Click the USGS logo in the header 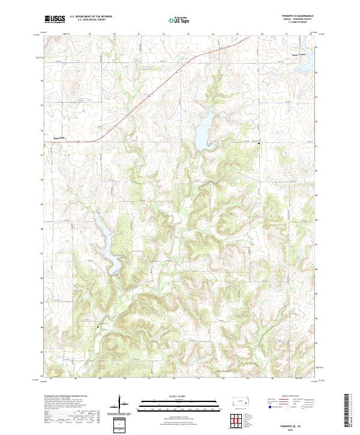(x=55, y=19)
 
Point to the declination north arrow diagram (x=122, y=404)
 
